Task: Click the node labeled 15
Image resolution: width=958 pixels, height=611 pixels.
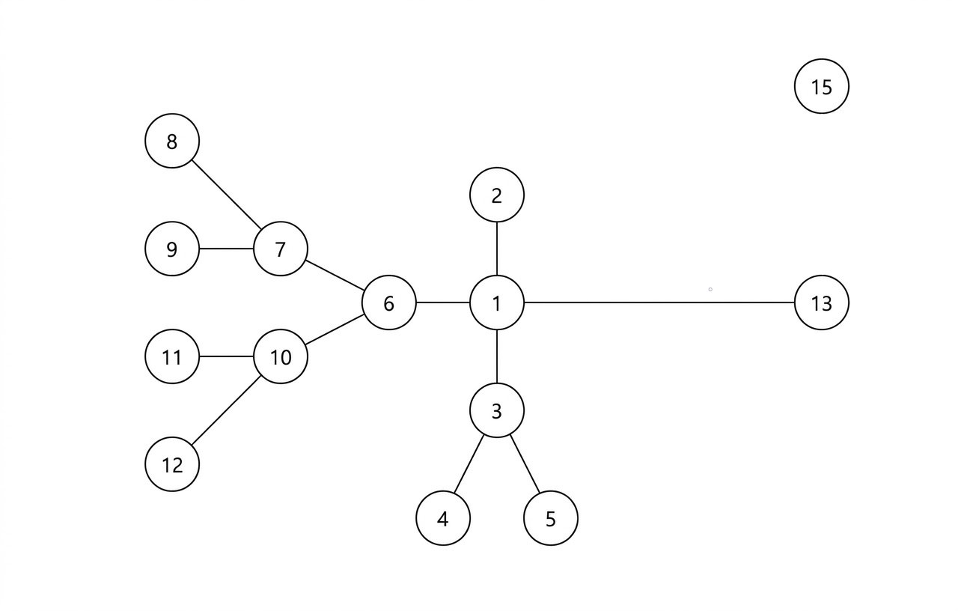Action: pos(821,86)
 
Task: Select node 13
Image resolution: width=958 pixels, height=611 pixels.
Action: pos(821,303)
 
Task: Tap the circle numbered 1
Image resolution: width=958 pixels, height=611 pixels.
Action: pos(496,303)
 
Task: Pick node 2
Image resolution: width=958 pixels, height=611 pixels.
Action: pos(496,195)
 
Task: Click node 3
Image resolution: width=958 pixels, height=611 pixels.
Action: pos(496,410)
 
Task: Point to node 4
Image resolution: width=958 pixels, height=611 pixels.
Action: pos(442,518)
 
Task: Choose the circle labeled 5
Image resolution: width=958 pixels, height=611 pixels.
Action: pos(550,518)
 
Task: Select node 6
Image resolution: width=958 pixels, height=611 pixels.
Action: pos(388,303)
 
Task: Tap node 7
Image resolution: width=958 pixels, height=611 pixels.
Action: pos(280,249)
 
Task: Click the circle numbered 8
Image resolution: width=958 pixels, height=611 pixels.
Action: pos(172,141)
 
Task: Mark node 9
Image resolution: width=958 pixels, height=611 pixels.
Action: pos(172,249)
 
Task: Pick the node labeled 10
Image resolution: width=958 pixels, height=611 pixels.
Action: pos(280,357)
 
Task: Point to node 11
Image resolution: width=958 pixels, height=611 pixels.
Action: pos(172,357)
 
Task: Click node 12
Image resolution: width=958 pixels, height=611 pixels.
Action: pos(172,464)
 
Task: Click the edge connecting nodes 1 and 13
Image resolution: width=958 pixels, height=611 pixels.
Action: pos(659,303)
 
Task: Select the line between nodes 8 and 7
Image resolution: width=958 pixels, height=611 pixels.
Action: pos(226,195)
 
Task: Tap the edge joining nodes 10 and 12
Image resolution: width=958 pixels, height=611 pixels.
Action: pos(226,411)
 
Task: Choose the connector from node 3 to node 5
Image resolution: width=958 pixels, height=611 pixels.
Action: pos(524,464)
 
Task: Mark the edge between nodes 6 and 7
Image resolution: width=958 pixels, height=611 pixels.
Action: pos(335,276)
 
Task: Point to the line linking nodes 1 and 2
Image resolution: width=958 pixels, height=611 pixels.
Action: pos(496,249)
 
